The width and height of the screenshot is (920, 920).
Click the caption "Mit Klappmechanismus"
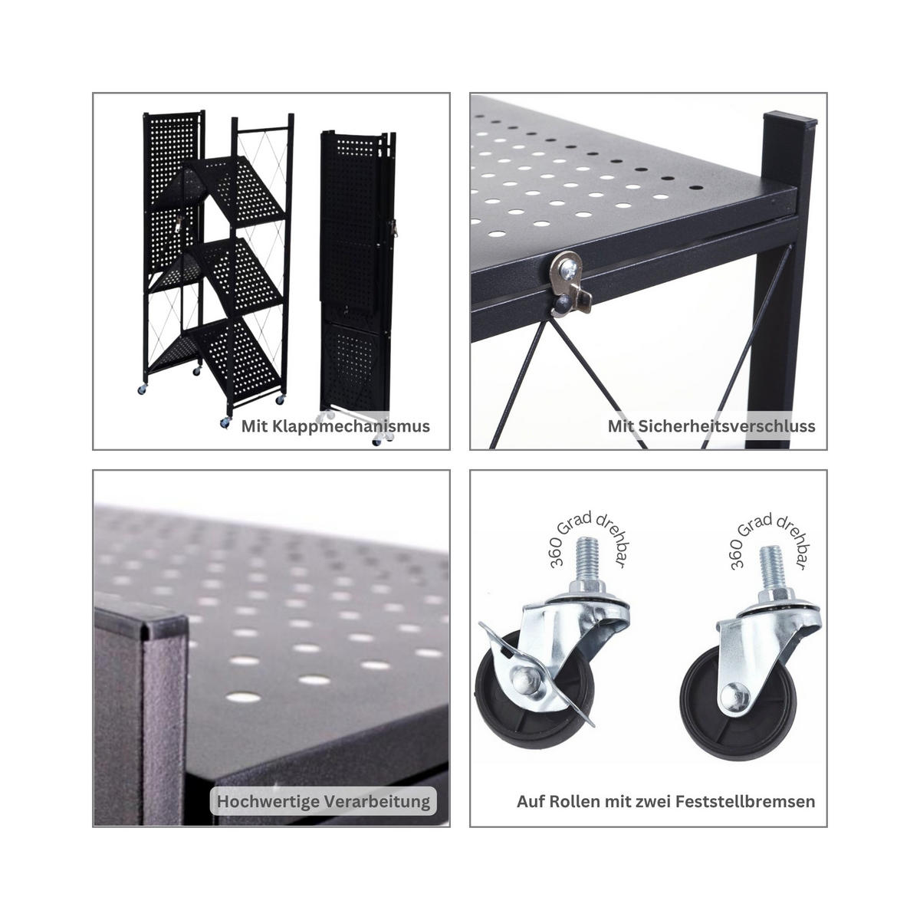tap(335, 426)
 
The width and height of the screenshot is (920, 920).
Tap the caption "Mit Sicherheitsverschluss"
tap(711, 426)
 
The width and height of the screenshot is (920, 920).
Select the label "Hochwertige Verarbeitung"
tap(324, 802)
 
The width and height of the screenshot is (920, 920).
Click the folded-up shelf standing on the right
tap(356, 284)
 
